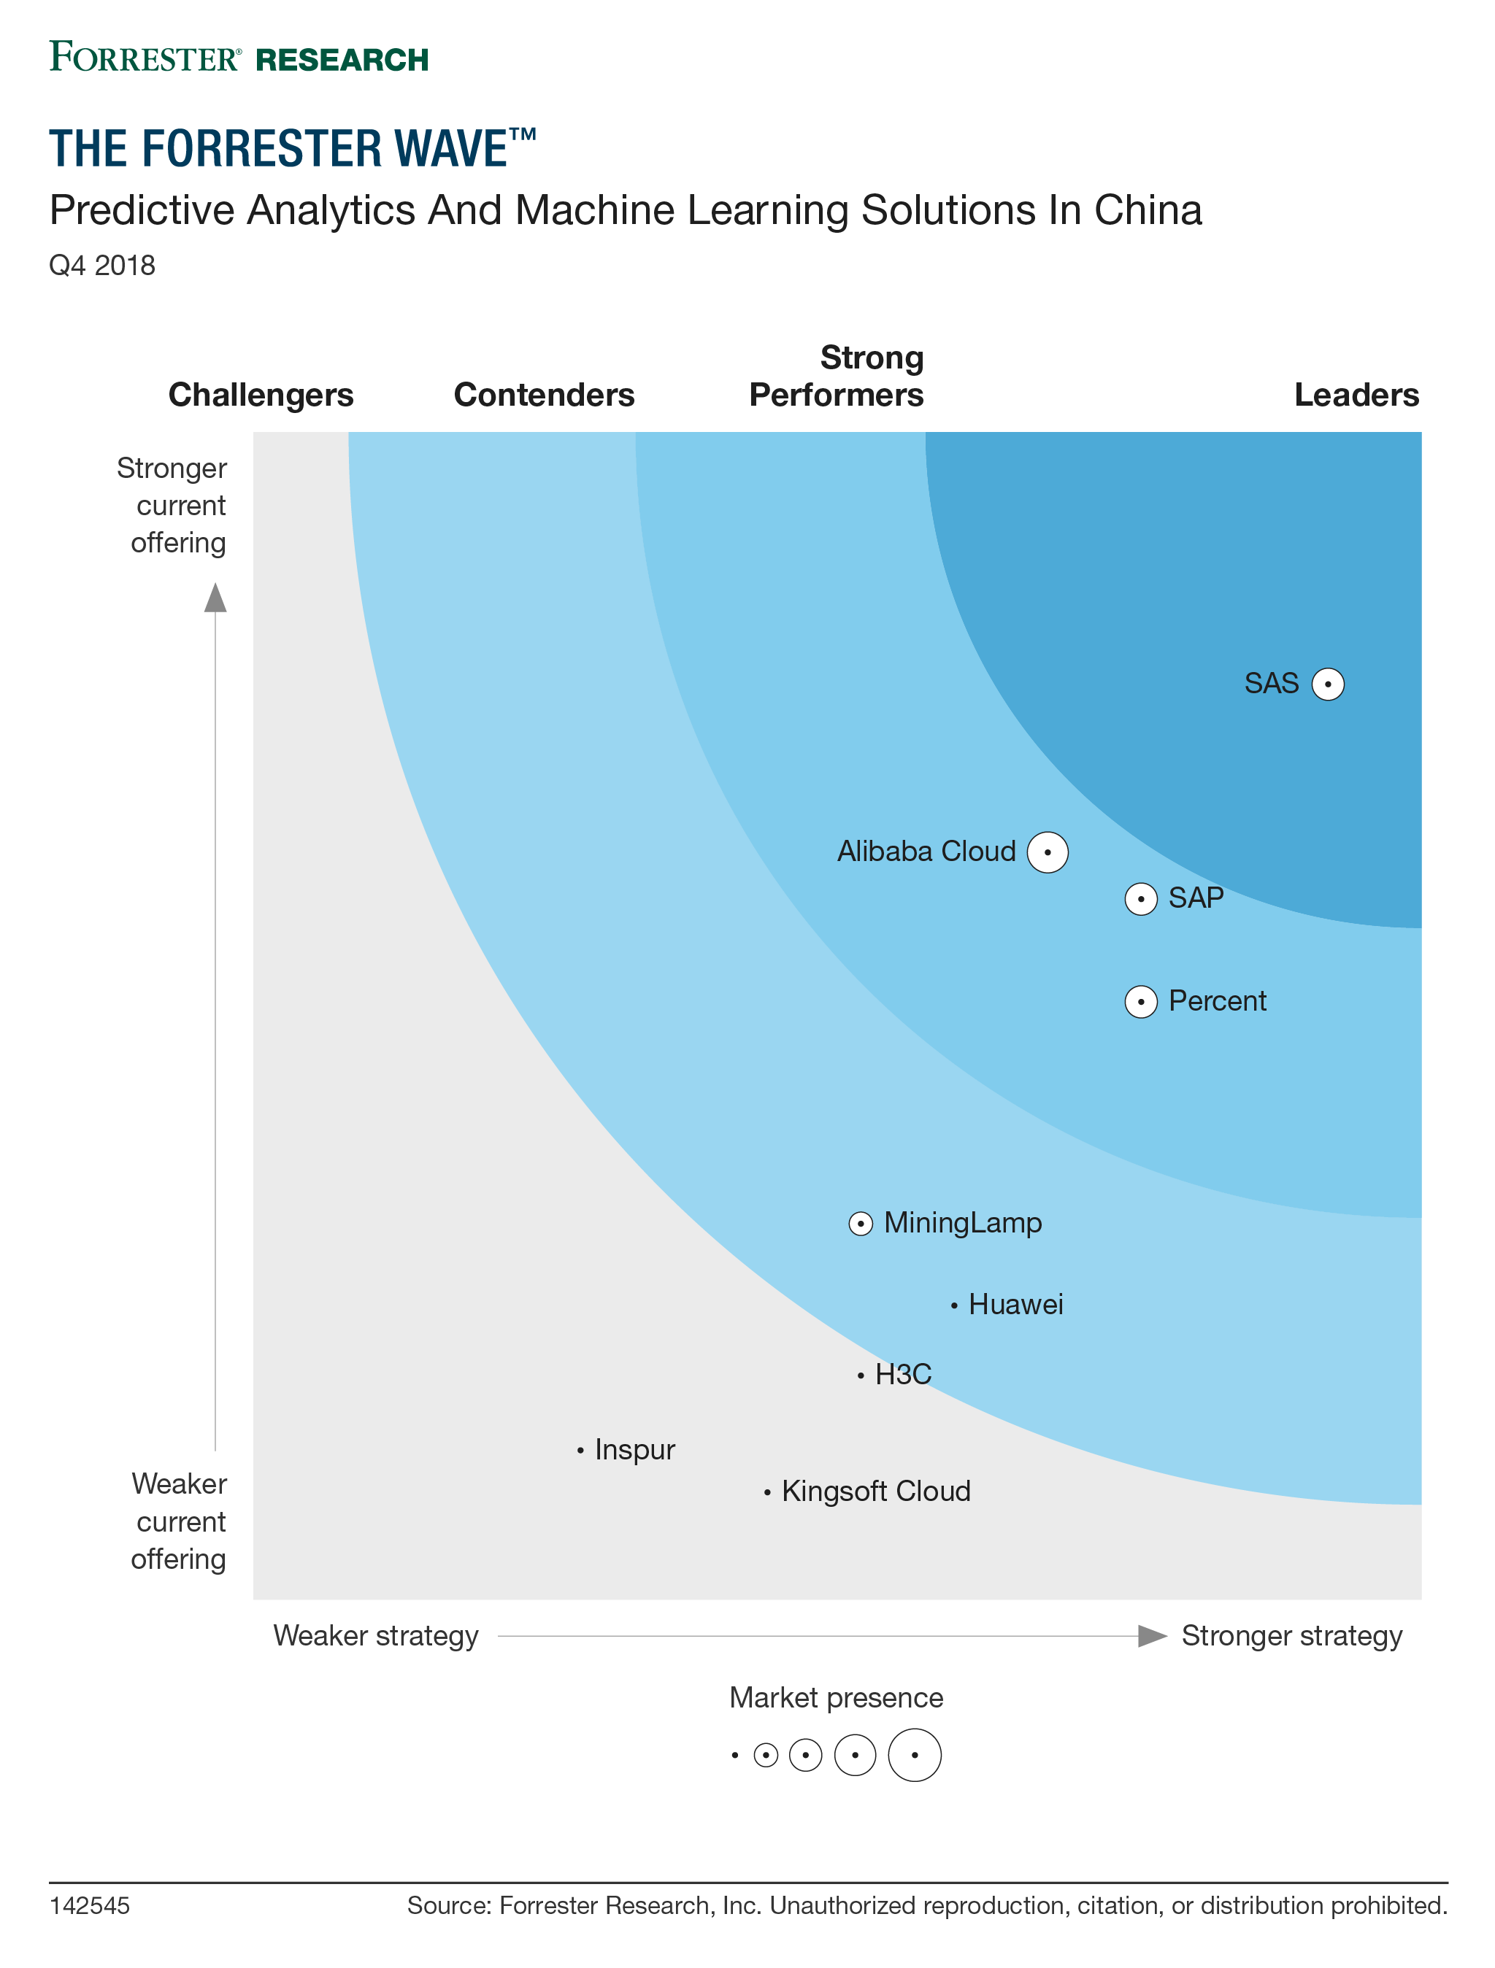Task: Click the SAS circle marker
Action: (1328, 684)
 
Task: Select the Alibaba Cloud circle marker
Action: (1048, 852)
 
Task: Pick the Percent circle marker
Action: (1141, 1002)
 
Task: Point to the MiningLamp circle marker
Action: (861, 1224)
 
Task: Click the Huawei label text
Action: (1015, 1305)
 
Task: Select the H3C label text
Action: (902, 1375)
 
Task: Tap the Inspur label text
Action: (634, 1450)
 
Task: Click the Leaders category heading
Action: (1356, 395)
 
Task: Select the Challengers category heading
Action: (261, 395)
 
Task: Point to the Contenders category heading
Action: (544, 395)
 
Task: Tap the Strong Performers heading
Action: (837, 377)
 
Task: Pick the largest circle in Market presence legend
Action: (915, 1756)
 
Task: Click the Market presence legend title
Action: (836, 1697)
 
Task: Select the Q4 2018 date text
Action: (102, 265)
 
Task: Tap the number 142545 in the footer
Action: (89, 1906)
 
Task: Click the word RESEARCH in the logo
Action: (342, 60)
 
